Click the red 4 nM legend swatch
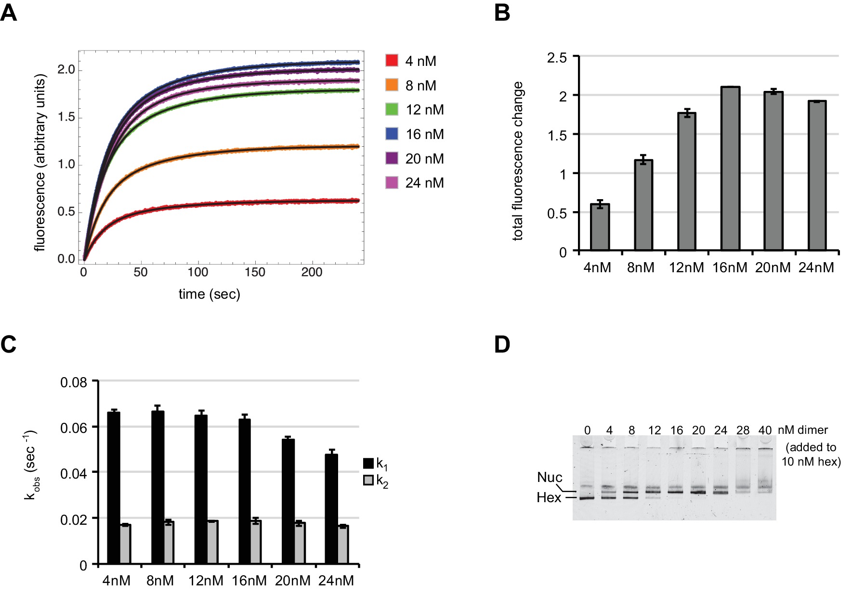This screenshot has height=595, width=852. [392, 61]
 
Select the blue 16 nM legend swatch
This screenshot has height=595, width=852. [392, 134]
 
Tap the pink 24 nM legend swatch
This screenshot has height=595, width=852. [392, 183]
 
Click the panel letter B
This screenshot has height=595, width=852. [502, 13]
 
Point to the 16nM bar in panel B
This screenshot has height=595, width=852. [730, 168]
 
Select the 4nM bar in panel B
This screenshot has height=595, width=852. [600, 227]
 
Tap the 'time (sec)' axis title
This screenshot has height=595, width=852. [209, 294]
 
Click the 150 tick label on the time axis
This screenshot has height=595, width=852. [255, 272]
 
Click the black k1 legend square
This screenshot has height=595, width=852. [368, 463]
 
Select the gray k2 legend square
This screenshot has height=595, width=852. [368, 480]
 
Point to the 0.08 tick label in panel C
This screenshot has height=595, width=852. [74, 383]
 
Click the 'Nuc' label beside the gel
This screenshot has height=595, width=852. [550, 477]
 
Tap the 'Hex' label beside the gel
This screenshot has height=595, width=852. [549, 497]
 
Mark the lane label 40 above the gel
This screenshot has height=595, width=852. [765, 430]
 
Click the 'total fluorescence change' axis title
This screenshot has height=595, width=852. [518, 161]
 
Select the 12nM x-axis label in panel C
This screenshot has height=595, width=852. [206, 581]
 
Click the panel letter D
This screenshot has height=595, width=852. [502, 345]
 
